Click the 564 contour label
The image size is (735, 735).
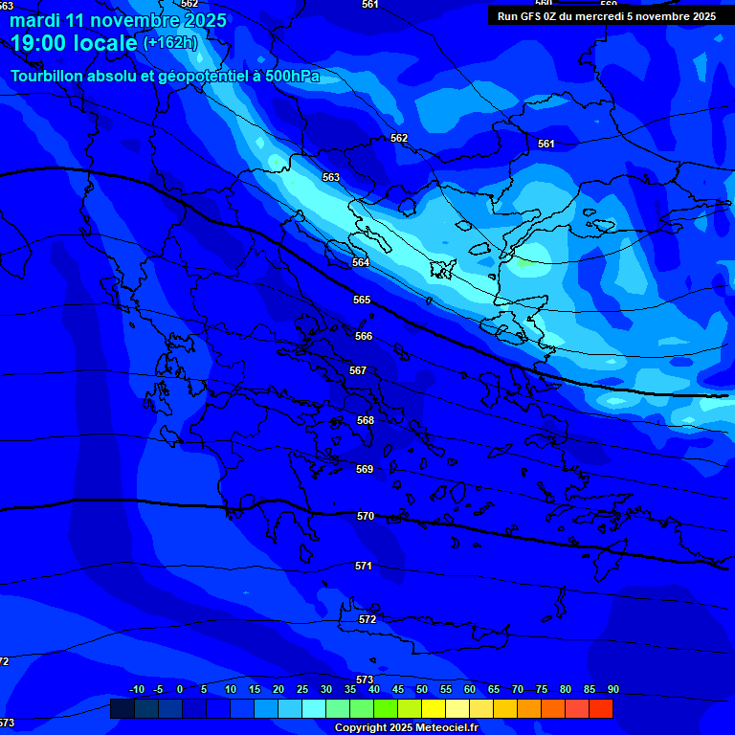(361, 262)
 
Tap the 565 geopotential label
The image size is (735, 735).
(362, 300)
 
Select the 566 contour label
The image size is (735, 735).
(364, 336)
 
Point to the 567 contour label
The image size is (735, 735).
(358, 370)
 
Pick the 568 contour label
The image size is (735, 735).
(366, 420)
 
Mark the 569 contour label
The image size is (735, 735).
(365, 469)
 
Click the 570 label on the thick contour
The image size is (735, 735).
(366, 516)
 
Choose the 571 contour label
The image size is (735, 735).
(364, 566)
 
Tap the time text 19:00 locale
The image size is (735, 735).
(74, 43)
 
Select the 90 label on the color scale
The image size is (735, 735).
(612, 690)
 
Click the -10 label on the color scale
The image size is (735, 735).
(136, 690)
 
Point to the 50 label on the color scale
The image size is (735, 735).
(422, 690)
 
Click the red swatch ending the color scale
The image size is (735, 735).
(600, 708)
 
